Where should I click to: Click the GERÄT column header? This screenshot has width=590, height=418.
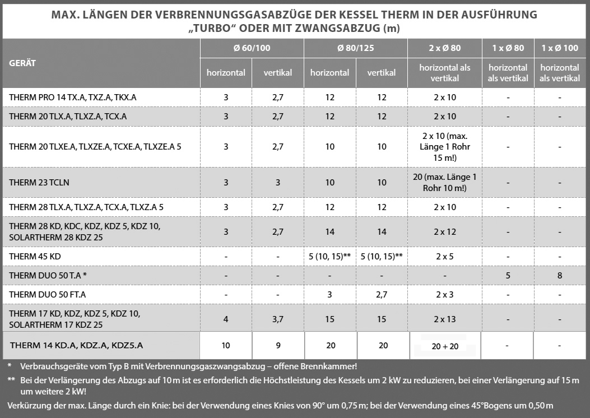tap(22, 63)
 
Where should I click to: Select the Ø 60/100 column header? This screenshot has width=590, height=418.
tap(252, 48)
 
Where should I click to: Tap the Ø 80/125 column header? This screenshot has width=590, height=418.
tap(355, 48)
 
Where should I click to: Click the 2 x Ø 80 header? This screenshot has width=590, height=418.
tap(444, 48)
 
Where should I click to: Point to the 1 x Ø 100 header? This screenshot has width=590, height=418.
tap(560, 48)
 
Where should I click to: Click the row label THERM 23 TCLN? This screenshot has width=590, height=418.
tap(39, 183)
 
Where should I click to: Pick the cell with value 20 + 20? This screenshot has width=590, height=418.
tap(445, 346)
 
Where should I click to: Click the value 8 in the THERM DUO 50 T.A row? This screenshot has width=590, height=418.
tap(560, 275)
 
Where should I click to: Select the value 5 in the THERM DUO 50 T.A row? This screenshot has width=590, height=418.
tap(508, 275)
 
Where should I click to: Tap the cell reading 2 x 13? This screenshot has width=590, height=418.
tap(444, 319)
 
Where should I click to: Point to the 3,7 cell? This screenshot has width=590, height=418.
tap(277, 319)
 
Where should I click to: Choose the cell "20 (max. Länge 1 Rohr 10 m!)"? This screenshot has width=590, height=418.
tap(444, 183)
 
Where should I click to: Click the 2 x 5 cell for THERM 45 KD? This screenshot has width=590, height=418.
tap(444, 256)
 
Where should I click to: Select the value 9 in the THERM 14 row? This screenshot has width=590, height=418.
tap(277, 346)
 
